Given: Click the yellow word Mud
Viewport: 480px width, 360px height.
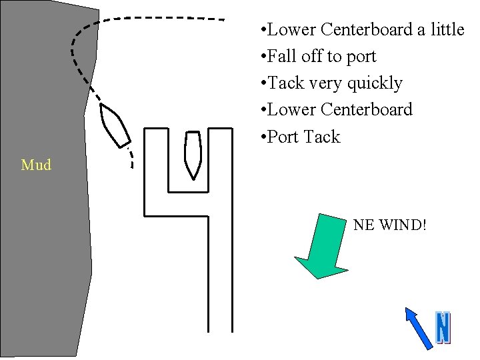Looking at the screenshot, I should click(x=36, y=165).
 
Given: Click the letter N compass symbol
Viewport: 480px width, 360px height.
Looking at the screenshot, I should click(x=443, y=328).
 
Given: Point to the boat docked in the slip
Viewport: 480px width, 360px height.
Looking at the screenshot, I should click(x=193, y=154).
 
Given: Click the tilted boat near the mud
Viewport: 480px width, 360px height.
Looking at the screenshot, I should click(x=115, y=125).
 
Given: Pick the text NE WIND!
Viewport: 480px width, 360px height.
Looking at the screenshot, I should click(x=389, y=225).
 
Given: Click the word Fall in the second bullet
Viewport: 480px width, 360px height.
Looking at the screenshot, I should click(x=285, y=57).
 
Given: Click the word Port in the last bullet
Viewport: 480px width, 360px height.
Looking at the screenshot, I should click(x=285, y=137).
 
